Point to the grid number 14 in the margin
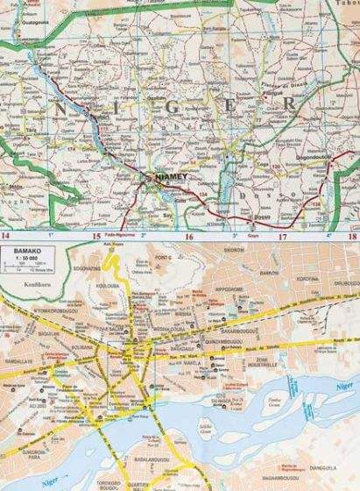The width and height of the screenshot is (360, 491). point(8,237)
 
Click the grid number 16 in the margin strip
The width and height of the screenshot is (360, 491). point(188,237)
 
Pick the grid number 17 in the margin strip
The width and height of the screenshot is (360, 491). point(282,237)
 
